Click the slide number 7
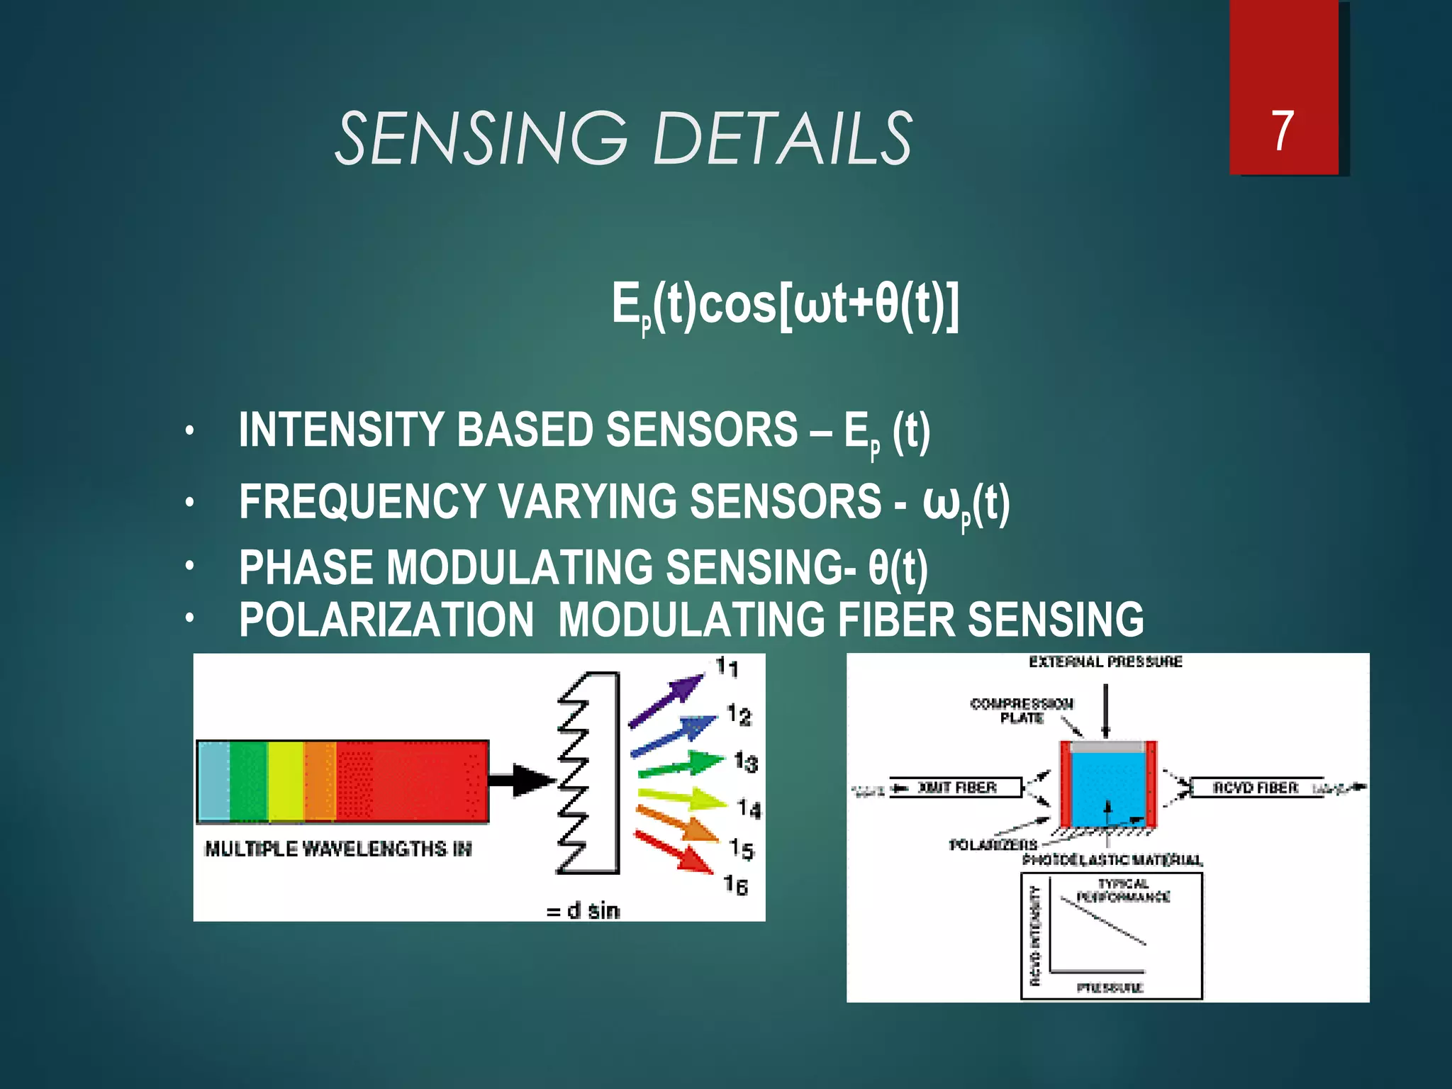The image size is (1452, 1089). click(1282, 131)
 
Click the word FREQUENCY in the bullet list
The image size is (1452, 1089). click(362, 501)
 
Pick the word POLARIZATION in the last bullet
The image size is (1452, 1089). click(386, 620)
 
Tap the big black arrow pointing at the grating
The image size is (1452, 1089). click(522, 780)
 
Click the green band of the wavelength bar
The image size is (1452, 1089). click(248, 781)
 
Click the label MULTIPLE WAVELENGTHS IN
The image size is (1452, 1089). click(338, 849)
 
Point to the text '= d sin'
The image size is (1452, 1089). click(583, 910)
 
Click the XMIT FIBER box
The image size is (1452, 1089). click(956, 788)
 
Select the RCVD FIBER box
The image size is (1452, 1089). click(1256, 788)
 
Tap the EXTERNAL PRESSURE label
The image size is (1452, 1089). click(1105, 661)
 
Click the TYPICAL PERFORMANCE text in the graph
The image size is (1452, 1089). click(1123, 890)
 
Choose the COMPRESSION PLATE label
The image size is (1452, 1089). click(1022, 710)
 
